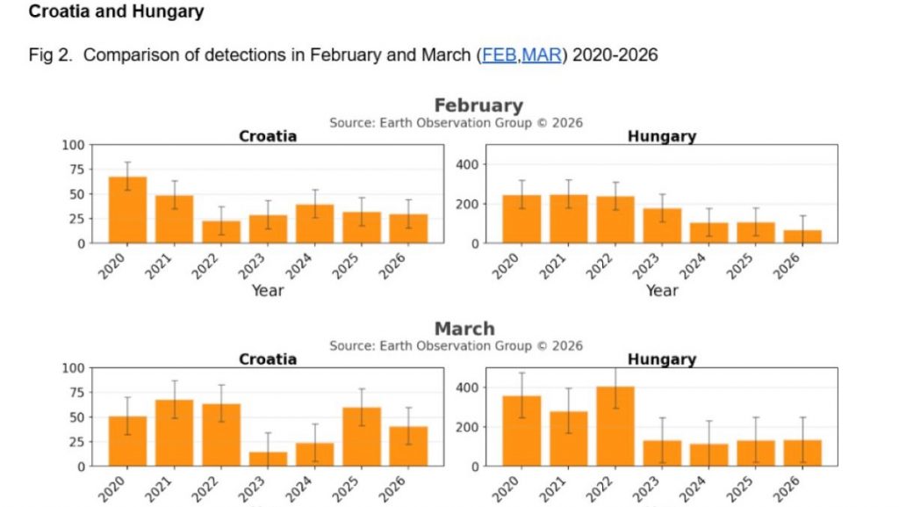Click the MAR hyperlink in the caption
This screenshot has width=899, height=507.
pos(542,55)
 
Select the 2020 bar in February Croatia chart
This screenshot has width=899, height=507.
pos(127,210)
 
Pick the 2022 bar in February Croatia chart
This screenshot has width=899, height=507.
pos(220,231)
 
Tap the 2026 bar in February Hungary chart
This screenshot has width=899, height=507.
pos(802,236)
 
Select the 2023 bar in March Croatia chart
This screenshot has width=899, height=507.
pos(268,459)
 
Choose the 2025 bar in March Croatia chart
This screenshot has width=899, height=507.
pos(361,437)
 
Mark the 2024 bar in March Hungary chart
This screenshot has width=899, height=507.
pos(708,454)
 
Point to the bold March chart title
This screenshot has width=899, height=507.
pos(464,329)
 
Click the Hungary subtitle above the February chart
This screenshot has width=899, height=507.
pos(661,136)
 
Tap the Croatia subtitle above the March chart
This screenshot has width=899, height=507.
pos(268,359)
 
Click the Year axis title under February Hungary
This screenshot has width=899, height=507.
pos(661,290)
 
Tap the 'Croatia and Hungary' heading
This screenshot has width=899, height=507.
pos(116,12)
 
